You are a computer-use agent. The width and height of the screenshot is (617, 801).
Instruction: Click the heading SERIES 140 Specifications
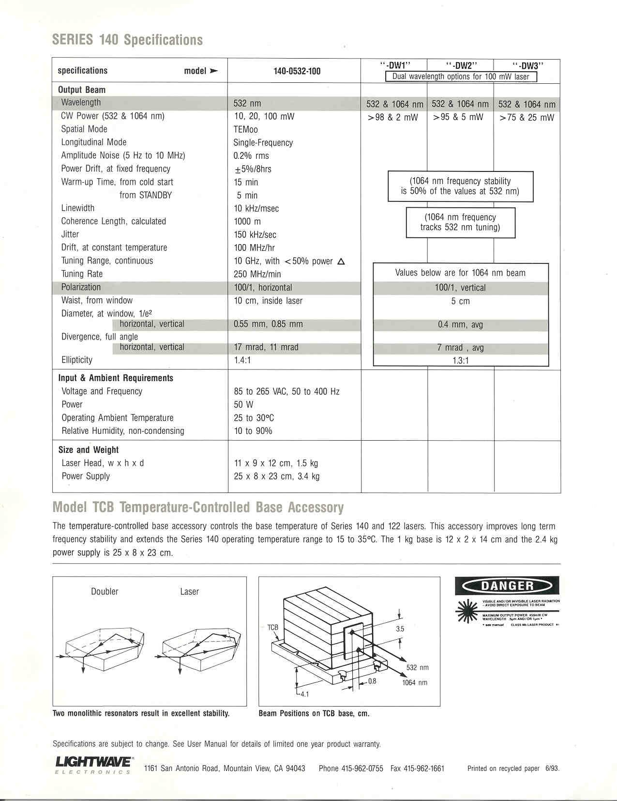tap(127, 40)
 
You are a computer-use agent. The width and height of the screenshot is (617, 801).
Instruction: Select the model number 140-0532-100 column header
tap(297, 71)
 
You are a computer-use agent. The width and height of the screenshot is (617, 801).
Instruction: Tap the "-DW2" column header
tap(462, 65)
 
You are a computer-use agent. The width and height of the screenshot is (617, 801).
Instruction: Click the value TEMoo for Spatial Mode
tap(245, 129)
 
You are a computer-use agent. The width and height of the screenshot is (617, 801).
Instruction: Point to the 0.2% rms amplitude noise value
tap(251, 155)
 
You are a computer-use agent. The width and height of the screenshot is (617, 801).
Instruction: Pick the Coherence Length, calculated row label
tap(113, 221)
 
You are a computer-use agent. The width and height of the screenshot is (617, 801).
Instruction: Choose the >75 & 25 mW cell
tap(527, 117)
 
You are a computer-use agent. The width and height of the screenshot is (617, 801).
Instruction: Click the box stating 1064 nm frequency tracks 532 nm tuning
tap(460, 222)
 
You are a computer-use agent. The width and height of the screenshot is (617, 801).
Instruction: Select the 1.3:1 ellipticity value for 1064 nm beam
tap(460, 360)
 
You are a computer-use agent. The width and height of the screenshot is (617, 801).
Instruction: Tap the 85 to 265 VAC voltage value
tap(286, 391)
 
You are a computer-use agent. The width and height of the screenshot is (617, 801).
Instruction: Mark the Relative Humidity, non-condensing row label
tap(122, 431)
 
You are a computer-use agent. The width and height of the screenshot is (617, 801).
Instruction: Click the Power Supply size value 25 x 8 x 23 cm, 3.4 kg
tap(276, 476)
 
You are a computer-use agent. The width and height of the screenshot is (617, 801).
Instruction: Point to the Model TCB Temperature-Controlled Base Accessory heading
tap(198, 507)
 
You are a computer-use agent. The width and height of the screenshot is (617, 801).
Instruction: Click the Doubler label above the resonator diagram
tap(105, 591)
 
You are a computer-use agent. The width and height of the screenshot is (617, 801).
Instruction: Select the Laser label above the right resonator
tap(189, 591)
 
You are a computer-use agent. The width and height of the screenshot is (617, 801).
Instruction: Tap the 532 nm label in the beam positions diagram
tap(417, 667)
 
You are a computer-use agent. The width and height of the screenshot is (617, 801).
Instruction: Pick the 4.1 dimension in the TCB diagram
tap(304, 694)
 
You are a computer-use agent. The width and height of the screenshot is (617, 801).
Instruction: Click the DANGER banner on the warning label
tap(506, 585)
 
